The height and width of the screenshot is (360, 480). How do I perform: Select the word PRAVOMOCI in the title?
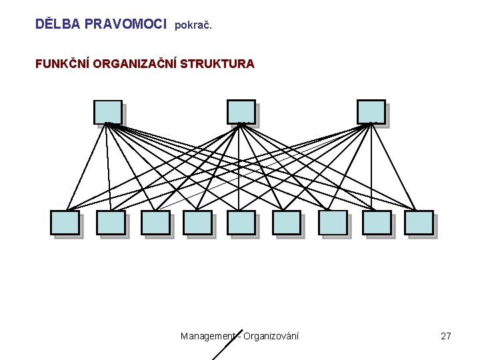(125, 24)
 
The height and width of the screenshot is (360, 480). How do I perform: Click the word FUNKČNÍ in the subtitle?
(63, 64)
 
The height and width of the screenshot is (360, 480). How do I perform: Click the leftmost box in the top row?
(107, 111)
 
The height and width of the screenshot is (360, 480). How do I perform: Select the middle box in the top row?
(241, 111)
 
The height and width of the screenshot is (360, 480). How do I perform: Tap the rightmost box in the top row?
(371, 111)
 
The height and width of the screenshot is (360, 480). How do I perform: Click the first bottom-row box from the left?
(65, 222)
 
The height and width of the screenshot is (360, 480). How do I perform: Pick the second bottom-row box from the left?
(111, 222)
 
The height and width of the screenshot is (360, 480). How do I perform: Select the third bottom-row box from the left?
(155, 222)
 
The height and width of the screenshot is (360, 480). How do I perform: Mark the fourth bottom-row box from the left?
(198, 222)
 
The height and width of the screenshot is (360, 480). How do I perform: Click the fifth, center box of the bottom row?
(241, 222)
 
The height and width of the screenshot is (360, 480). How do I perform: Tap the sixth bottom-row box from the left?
(287, 222)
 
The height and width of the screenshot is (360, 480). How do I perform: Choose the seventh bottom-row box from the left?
(333, 222)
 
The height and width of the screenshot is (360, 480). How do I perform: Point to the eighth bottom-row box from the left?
(377, 222)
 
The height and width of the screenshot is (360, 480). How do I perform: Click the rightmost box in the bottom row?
(419, 222)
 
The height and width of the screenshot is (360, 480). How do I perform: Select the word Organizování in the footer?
(271, 336)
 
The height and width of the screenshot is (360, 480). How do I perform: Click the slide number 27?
(446, 336)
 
